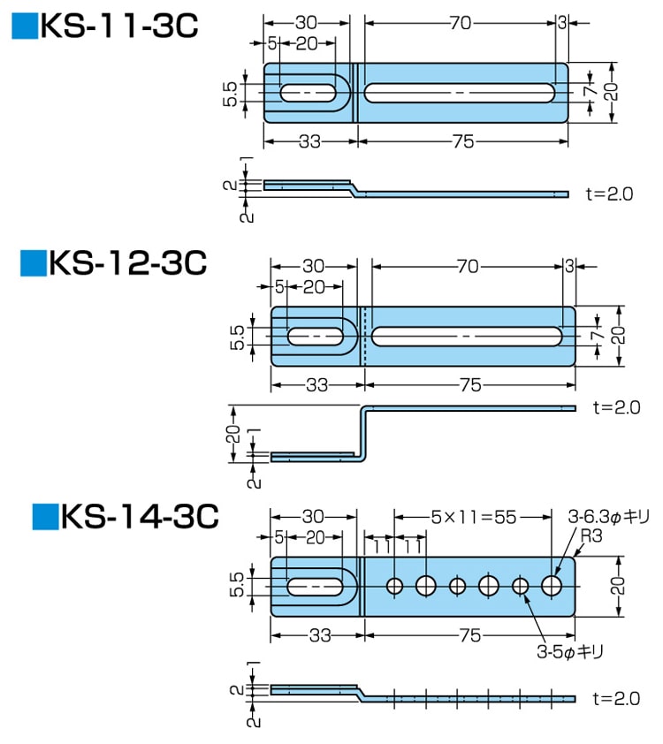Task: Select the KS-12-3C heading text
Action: pos(127,262)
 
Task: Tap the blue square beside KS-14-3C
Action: pos(44,515)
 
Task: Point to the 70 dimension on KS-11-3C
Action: pos(460,24)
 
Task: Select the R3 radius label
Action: pos(591,535)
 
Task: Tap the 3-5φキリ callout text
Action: pos(569,652)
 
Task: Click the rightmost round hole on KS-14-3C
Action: pos(552,585)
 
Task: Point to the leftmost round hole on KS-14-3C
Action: pos(394,585)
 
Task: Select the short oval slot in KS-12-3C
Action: pos(316,336)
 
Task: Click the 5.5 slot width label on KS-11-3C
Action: pos(231,94)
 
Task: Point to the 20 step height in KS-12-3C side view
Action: pos(232,433)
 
